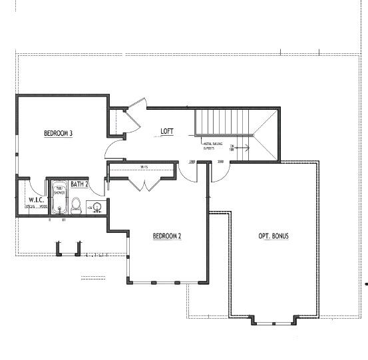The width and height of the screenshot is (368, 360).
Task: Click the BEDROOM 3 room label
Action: pyautogui.click(x=58, y=133)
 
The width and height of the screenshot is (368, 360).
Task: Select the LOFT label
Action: pyautogui.click(x=167, y=131)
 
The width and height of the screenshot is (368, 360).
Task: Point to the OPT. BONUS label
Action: pyautogui.click(x=274, y=236)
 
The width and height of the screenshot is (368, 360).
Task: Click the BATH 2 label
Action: pyautogui.click(x=80, y=184)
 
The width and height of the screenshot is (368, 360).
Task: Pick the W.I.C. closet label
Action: pyautogui.click(x=36, y=200)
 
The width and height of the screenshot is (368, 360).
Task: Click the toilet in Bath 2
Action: pyautogui.click(x=76, y=206)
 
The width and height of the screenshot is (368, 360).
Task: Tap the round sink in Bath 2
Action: pyautogui.click(x=97, y=207)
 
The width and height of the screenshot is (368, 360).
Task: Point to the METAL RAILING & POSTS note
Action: pyautogui.click(x=213, y=146)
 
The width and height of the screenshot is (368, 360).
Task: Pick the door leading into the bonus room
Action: pyautogui.click(x=219, y=172)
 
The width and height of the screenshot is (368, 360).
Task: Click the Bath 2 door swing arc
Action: pyautogui.click(x=100, y=188)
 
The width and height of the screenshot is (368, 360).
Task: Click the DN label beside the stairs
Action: pyautogui.click(x=232, y=148)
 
